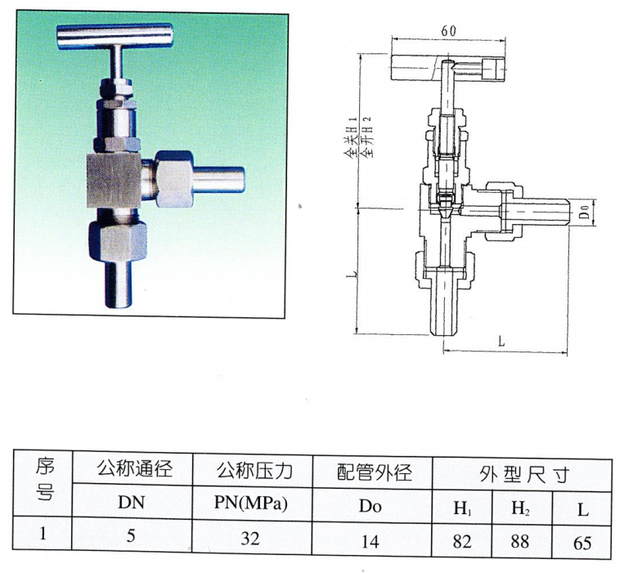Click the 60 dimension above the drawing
[447, 31]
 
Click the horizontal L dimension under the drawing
[501, 344]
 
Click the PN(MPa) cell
[253, 504]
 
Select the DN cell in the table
[131, 504]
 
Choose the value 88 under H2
[522, 540]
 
